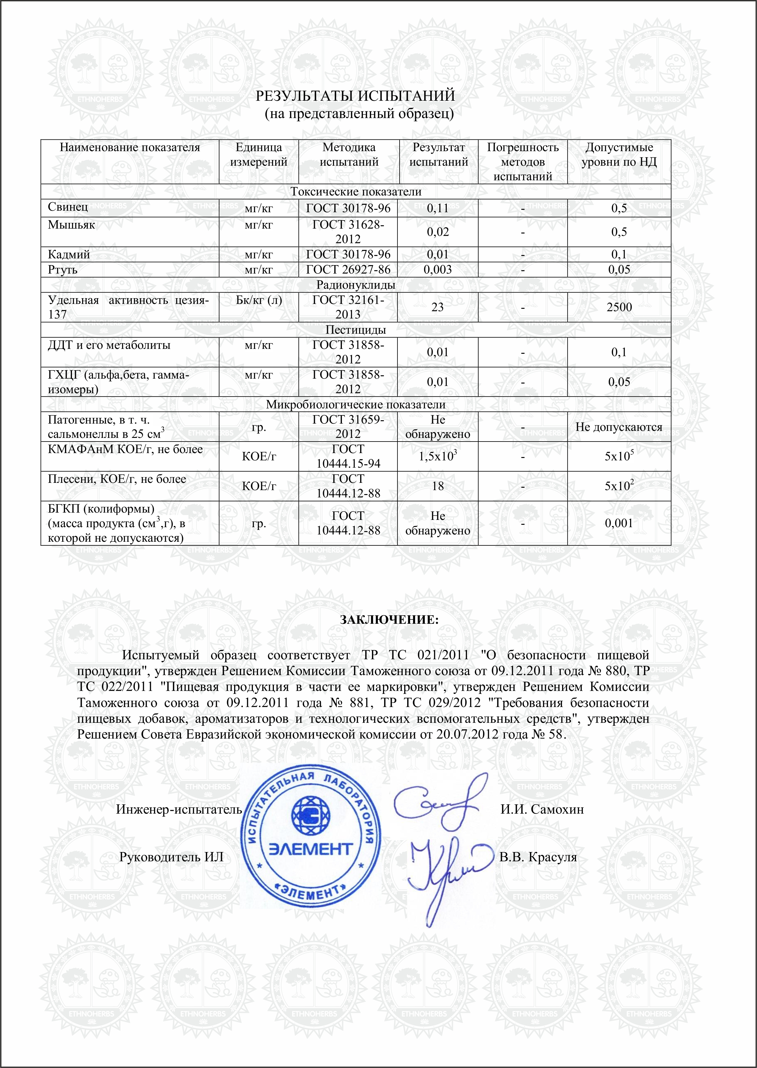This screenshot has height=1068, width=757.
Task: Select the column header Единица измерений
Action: pos(259,155)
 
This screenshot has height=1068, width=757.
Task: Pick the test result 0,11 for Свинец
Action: pos(438,208)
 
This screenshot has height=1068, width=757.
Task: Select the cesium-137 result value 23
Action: pos(438,307)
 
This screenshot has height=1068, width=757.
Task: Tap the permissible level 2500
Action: pos(619,307)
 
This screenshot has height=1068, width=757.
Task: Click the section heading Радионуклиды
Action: pos(356,285)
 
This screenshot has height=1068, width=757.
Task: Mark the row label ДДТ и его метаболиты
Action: pos(109,346)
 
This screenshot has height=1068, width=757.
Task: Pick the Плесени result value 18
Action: pos(438,486)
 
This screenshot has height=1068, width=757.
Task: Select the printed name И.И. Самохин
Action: pos(542,809)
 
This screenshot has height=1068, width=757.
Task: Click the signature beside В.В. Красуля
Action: pos(445,867)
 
